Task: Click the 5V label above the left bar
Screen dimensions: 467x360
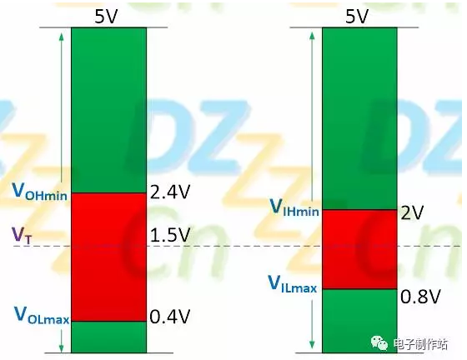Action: coord(106,16)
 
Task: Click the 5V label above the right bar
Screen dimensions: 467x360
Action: coord(357,16)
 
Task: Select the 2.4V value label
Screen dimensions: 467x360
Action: coord(170,192)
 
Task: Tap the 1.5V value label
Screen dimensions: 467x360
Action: coord(170,235)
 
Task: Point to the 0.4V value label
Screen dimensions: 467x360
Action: coord(170,317)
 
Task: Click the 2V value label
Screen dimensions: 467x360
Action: coord(412,212)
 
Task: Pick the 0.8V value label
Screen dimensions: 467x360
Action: coord(420,297)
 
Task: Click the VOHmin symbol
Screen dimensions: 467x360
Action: coord(39,191)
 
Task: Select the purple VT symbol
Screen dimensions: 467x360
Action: coord(21,236)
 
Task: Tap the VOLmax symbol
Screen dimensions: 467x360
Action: coord(42,315)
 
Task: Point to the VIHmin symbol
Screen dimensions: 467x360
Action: coord(294,207)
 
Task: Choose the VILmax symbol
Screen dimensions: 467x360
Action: coord(293,284)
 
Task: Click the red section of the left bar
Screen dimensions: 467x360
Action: coord(108,257)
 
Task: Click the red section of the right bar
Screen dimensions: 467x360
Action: coord(359,249)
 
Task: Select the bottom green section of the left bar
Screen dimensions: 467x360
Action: coord(108,337)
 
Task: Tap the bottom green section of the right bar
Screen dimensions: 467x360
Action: coord(359,321)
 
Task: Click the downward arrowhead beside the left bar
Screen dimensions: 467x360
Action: coord(62,348)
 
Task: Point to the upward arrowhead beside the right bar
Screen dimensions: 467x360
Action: coord(312,36)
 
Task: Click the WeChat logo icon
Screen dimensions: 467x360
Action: coord(379,343)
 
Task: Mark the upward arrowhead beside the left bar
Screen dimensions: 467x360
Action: coord(62,37)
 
